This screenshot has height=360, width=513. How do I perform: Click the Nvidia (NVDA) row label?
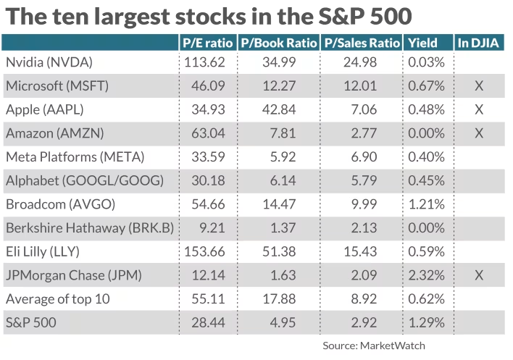(x=49, y=62)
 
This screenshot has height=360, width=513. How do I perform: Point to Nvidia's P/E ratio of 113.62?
(x=207, y=62)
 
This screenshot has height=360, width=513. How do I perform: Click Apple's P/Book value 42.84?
(x=278, y=110)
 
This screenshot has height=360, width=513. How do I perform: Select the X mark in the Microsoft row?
(x=478, y=86)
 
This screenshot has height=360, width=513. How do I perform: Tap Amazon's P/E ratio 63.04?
(x=207, y=133)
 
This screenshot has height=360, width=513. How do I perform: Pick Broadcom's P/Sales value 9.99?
(x=361, y=204)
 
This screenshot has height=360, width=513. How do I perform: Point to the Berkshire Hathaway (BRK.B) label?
(x=89, y=228)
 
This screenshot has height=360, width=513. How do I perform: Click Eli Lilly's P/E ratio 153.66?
(x=207, y=251)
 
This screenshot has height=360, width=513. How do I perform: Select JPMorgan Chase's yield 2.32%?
(x=426, y=275)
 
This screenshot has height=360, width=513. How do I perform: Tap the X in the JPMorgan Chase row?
(x=478, y=275)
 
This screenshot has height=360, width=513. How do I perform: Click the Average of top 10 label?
(x=59, y=298)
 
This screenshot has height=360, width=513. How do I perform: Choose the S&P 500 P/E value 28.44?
(x=207, y=322)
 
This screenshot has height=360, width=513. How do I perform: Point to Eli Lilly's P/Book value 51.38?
(x=278, y=251)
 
